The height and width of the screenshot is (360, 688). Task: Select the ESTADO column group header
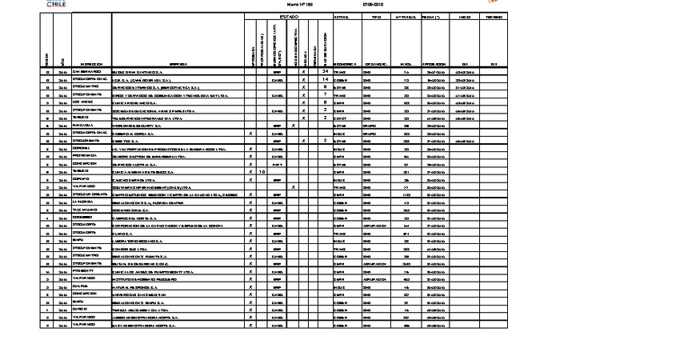pos(288,16)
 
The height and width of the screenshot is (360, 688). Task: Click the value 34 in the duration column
pos(325,71)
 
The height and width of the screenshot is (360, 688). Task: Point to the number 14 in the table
pos(325,79)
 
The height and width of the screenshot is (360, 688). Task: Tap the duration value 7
pos(325,94)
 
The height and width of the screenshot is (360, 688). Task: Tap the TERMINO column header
pos(494,16)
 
